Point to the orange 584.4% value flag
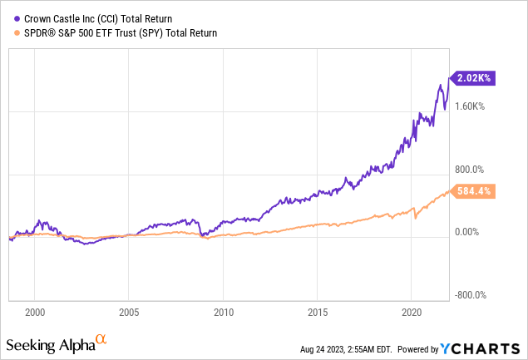(x=475, y=191)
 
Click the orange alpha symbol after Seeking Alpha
(x=100, y=339)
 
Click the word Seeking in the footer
(x=29, y=345)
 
